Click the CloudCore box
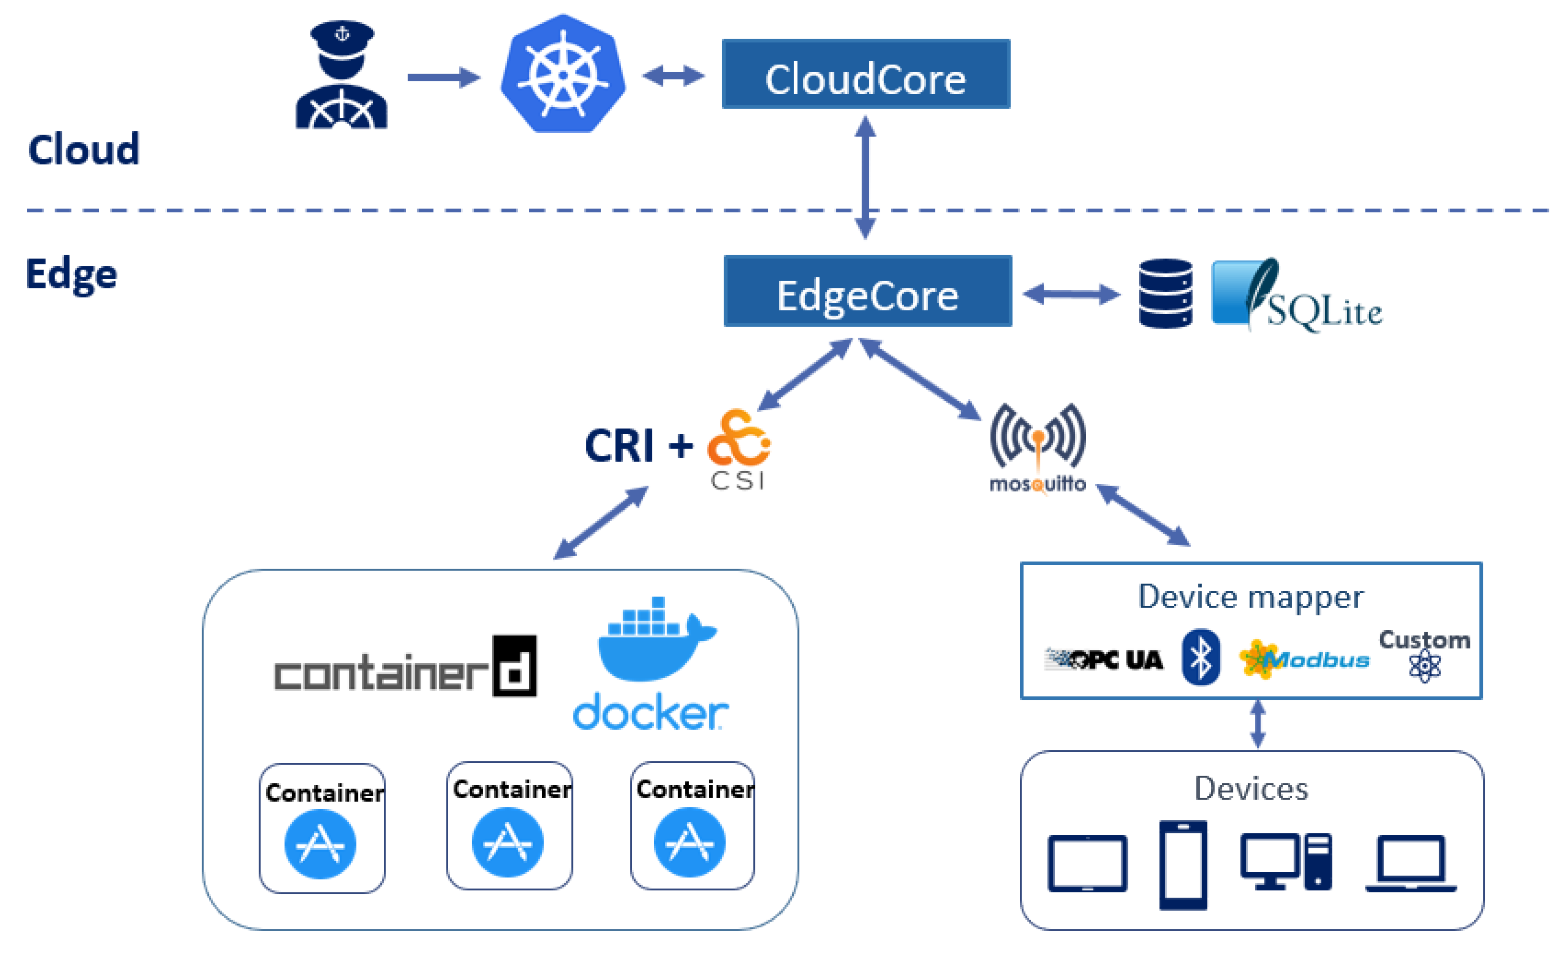pos(865,75)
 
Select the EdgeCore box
pos(867,291)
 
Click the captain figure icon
pos(342,77)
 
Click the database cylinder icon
pos(1165,294)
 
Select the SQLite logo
pos(1297,296)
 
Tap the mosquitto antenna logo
pos(1038,445)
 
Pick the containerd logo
pos(405,668)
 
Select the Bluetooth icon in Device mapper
pos(1200,657)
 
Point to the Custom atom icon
pos(1425,667)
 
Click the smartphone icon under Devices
pos(1183,865)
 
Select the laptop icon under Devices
pos(1411,864)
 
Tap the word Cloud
pos(83,150)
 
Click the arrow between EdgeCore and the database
pos(1071,294)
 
